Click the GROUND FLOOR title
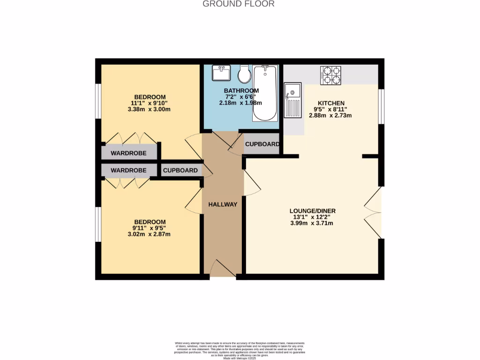click(x=238, y=4)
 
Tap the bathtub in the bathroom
click(x=265, y=94)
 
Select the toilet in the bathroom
click(x=244, y=73)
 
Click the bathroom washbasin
click(x=220, y=73)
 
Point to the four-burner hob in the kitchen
click(x=331, y=75)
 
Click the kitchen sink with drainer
click(x=293, y=100)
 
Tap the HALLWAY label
click(x=223, y=204)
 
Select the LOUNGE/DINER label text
click(x=312, y=211)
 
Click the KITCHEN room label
click(x=331, y=103)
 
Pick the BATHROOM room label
click(x=241, y=90)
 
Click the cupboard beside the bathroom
click(x=262, y=144)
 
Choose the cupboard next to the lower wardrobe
click(x=180, y=170)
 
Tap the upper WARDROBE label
click(x=128, y=153)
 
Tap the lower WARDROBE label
click(x=128, y=170)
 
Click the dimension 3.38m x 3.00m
click(x=150, y=109)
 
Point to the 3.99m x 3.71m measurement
click(x=312, y=223)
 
